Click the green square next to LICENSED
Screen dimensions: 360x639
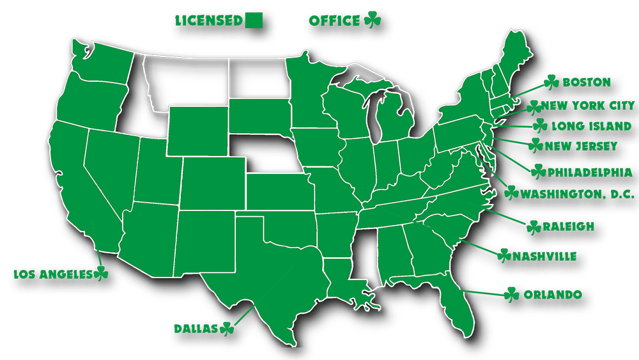point(254,20)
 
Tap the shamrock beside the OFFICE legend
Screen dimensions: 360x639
point(373,20)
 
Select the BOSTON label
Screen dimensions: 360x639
point(587,82)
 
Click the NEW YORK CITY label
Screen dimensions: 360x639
point(589,106)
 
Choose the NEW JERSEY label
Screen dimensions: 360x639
point(581,146)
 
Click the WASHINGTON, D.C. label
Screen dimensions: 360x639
point(578,194)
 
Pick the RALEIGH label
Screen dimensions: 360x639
point(569,226)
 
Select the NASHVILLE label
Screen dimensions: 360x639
point(545,256)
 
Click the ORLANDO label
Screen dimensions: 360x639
point(553,295)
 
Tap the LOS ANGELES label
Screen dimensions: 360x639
point(52,274)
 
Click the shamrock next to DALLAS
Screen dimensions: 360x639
point(227,329)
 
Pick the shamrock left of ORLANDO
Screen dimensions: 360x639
point(512,295)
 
